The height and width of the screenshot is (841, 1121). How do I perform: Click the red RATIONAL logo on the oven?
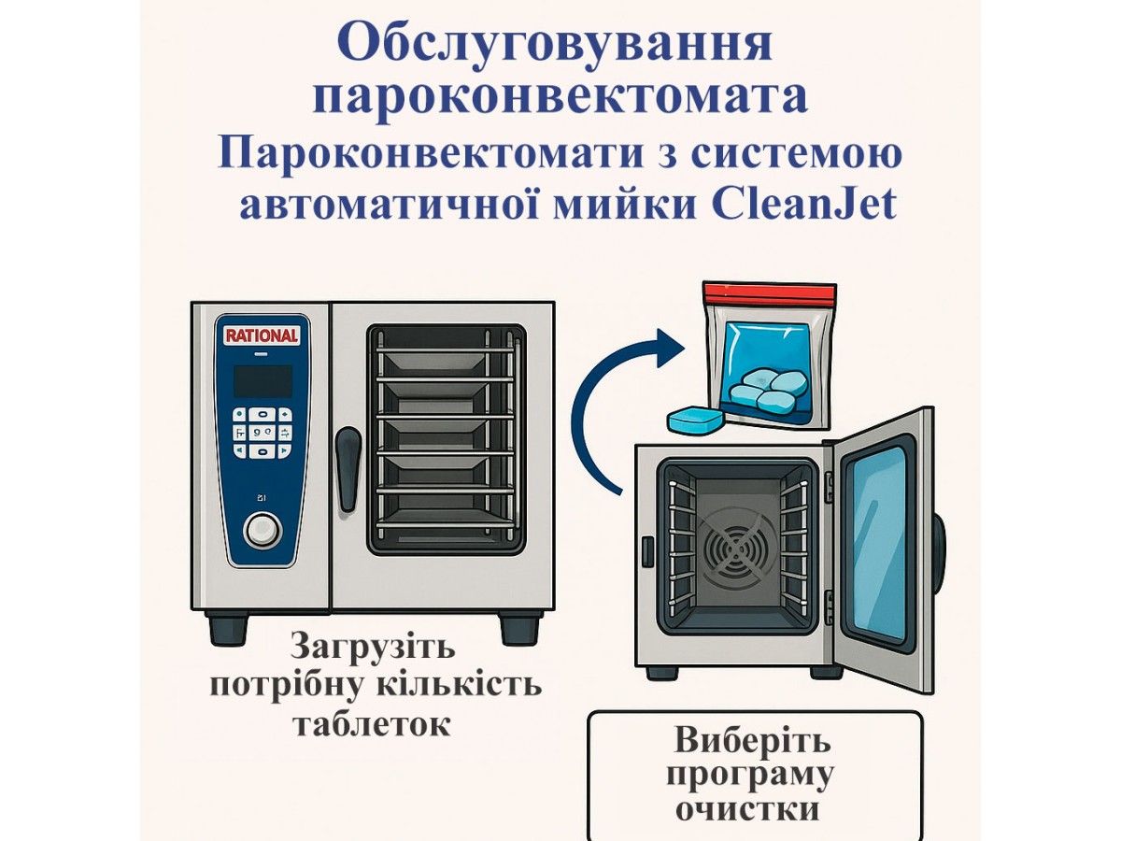pyautogui.click(x=262, y=335)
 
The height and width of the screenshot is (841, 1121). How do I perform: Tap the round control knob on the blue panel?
pyautogui.click(x=263, y=530)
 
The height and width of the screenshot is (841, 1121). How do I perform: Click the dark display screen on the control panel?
pyautogui.click(x=262, y=381)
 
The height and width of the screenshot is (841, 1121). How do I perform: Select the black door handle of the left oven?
pyautogui.click(x=348, y=467)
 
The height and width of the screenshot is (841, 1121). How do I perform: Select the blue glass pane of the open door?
pyautogui.click(x=877, y=542)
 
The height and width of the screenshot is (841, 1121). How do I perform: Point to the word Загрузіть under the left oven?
pyautogui.click(x=374, y=647)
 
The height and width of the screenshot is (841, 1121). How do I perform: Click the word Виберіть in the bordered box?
pyautogui.click(x=753, y=742)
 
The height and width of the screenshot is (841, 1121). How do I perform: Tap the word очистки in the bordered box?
pyautogui.click(x=753, y=807)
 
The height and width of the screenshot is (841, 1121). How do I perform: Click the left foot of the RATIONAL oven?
pyautogui.click(x=228, y=628)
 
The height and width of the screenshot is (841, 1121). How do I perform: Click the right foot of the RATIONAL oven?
pyautogui.click(x=519, y=628)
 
